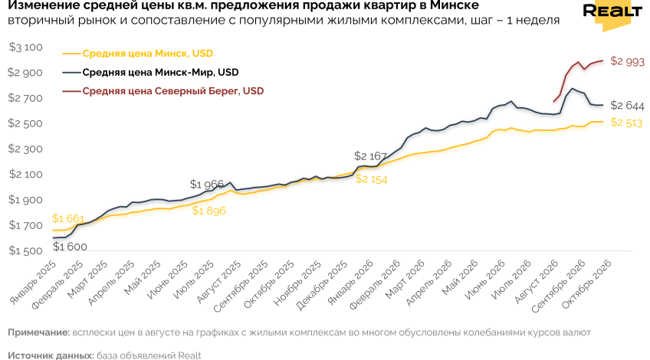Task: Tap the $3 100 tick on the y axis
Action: (26, 47)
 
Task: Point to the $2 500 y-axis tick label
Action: (26, 123)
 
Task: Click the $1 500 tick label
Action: (26, 251)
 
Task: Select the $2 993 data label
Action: (627, 62)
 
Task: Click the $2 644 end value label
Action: (627, 106)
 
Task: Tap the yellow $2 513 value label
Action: (626, 123)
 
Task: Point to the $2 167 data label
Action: (370, 156)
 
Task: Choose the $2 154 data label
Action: (372, 179)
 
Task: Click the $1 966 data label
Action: (207, 184)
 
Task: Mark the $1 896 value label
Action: (209, 211)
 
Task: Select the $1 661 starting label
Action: (68, 218)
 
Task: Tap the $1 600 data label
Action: (70, 247)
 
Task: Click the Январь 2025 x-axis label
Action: (33, 283)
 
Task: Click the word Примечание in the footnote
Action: (38, 332)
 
